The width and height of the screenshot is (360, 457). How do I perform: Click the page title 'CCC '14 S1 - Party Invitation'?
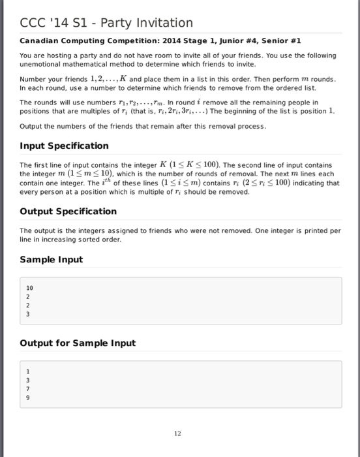click(x=106, y=23)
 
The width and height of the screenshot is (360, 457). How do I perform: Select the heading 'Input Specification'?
click(x=64, y=146)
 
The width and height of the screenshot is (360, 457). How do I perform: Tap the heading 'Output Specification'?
click(x=68, y=211)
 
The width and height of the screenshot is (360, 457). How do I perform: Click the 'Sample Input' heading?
click(x=52, y=259)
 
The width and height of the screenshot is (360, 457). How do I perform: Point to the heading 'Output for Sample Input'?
click(x=78, y=343)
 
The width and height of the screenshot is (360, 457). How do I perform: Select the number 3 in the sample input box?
click(x=27, y=313)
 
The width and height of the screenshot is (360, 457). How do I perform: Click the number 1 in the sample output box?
click(x=27, y=370)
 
